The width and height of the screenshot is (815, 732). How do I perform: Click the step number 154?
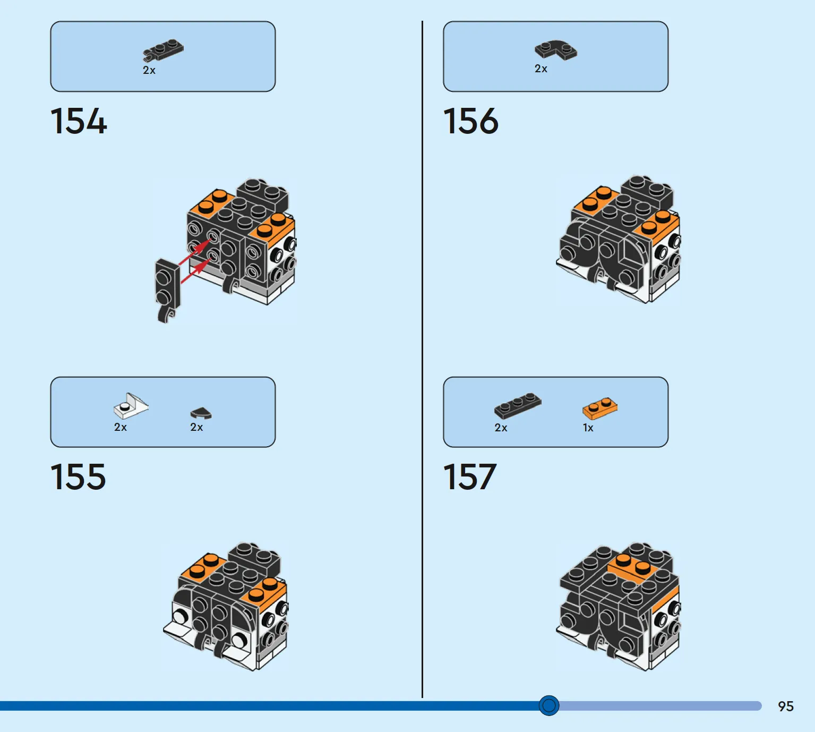pos(79,121)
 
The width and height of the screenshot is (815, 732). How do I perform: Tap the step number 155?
pos(78,476)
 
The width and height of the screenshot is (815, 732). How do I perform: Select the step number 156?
pos(470,121)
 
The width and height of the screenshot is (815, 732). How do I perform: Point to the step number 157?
pos(469,476)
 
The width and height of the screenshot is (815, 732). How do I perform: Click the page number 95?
pos(785,706)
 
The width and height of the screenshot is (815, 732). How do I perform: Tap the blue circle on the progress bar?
pos(548,705)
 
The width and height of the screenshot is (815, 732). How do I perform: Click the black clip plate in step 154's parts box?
pos(163,50)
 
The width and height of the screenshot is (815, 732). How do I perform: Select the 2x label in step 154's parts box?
pos(149,70)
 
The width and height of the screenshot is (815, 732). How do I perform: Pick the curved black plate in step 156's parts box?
pos(556,50)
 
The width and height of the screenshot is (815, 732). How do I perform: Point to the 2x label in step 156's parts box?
pos(541,69)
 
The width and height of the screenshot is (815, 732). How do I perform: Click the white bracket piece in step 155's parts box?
pos(131,406)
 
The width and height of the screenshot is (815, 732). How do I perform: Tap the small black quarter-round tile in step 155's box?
pos(201,413)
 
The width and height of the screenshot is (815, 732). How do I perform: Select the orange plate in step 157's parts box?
pos(600,408)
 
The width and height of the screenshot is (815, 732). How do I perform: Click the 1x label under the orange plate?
pos(588,428)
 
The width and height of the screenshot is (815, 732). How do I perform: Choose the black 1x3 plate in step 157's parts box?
pos(518,406)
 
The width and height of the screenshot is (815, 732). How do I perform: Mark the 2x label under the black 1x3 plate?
pos(501,428)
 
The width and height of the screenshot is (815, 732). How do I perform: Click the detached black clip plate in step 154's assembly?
pos(168,290)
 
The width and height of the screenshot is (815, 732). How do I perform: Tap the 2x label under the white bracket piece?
pos(121,427)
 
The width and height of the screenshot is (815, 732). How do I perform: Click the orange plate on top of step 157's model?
pos(632,566)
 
